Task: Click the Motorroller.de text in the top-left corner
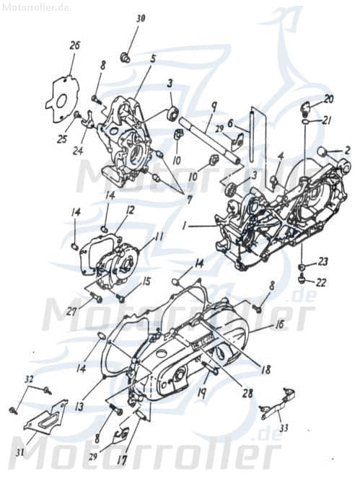pyautogui.click(x=35, y=7)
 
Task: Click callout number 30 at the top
pyautogui.click(x=141, y=18)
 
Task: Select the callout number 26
pyautogui.click(x=75, y=45)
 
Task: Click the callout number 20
pyautogui.click(x=328, y=99)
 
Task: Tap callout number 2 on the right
pyautogui.click(x=347, y=151)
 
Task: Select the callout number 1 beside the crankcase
pyautogui.click(x=185, y=226)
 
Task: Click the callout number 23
pyautogui.click(x=323, y=261)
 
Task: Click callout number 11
pyautogui.click(x=159, y=236)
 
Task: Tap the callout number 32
pyautogui.click(x=29, y=379)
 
